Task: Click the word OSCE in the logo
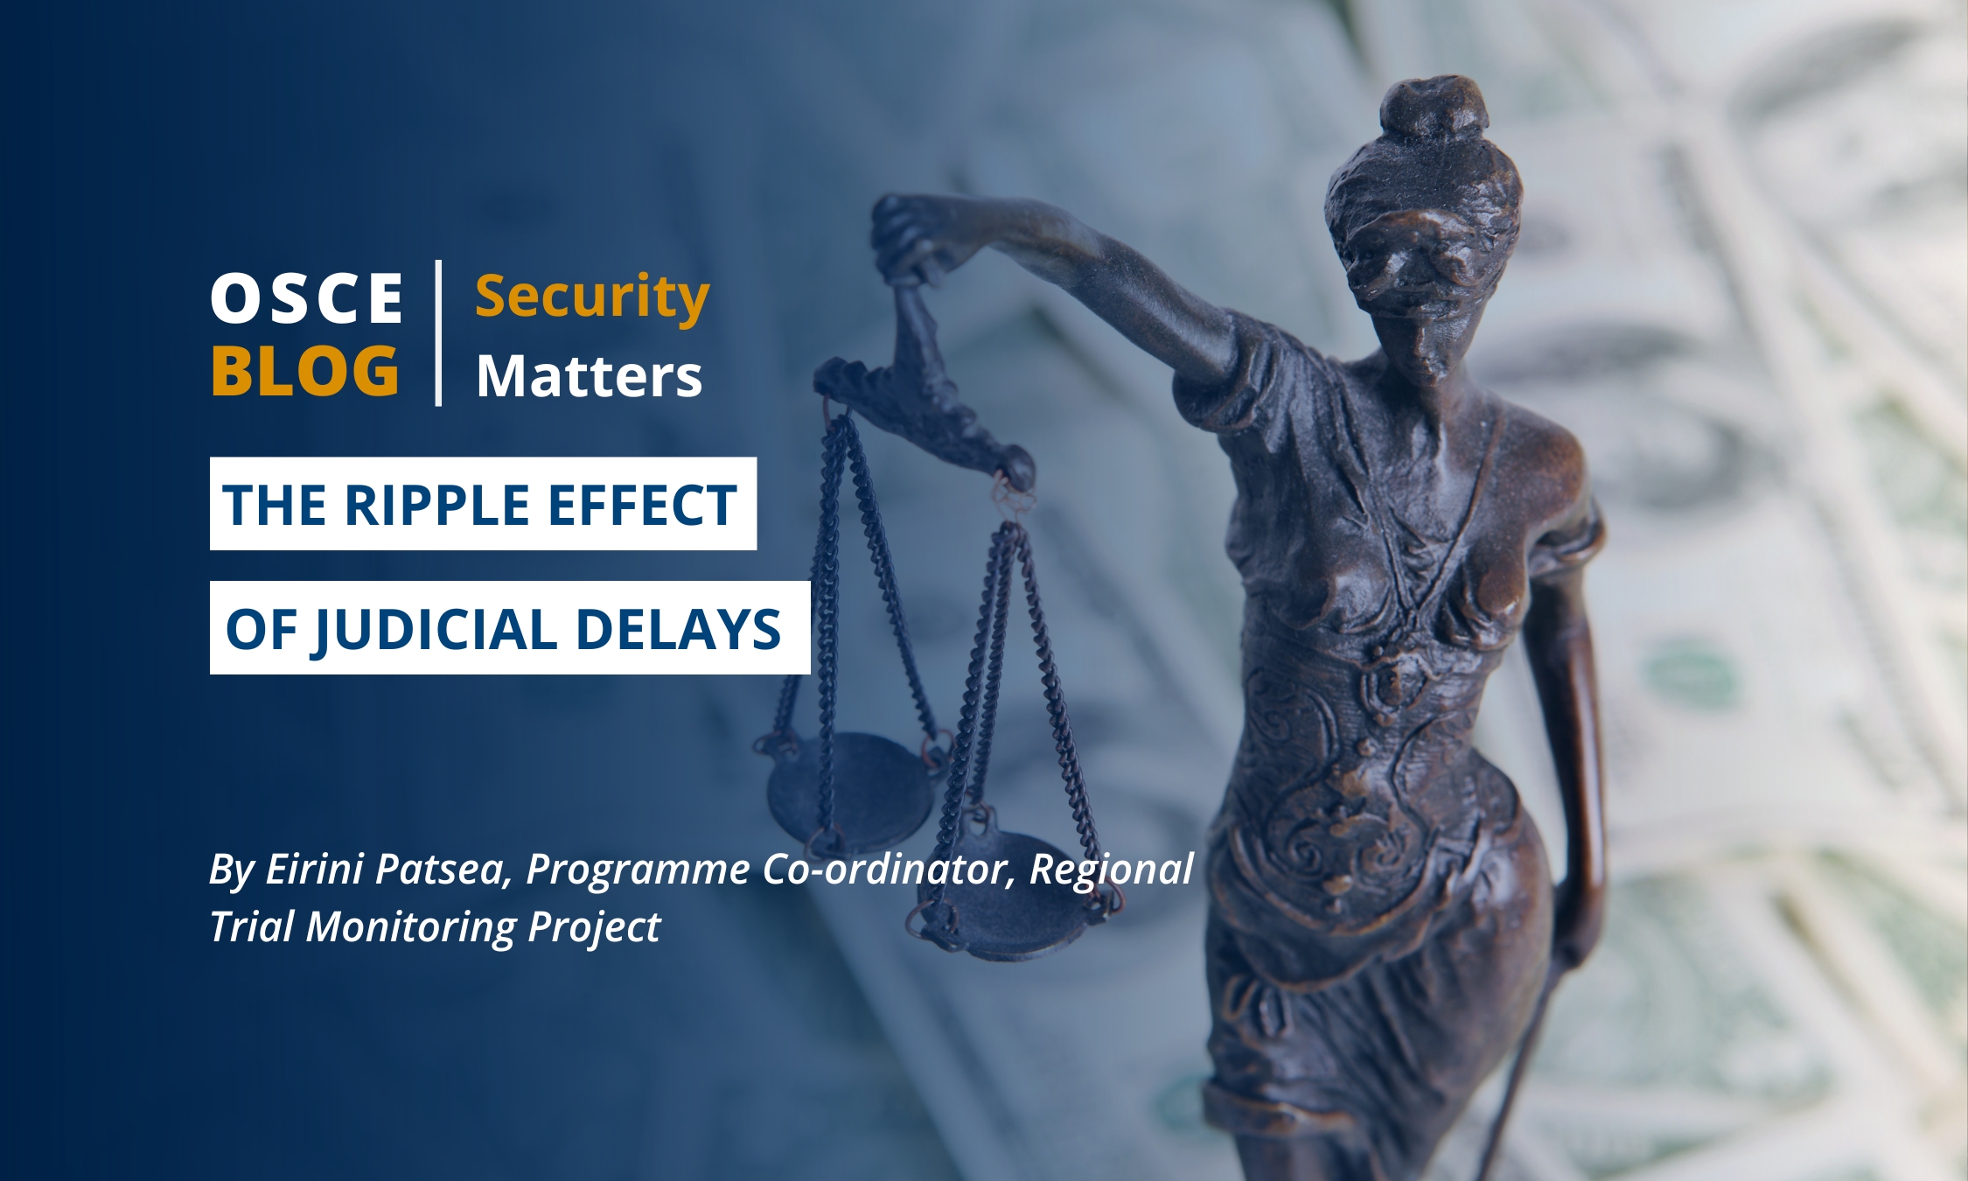coord(307,298)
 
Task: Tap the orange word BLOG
coord(305,370)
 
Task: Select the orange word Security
coord(592,298)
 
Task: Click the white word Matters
coord(590,376)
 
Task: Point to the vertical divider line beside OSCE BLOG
coord(438,332)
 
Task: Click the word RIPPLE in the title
coord(437,505)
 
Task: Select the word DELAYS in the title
coord(678,629)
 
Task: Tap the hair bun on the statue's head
coord(1434,111)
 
